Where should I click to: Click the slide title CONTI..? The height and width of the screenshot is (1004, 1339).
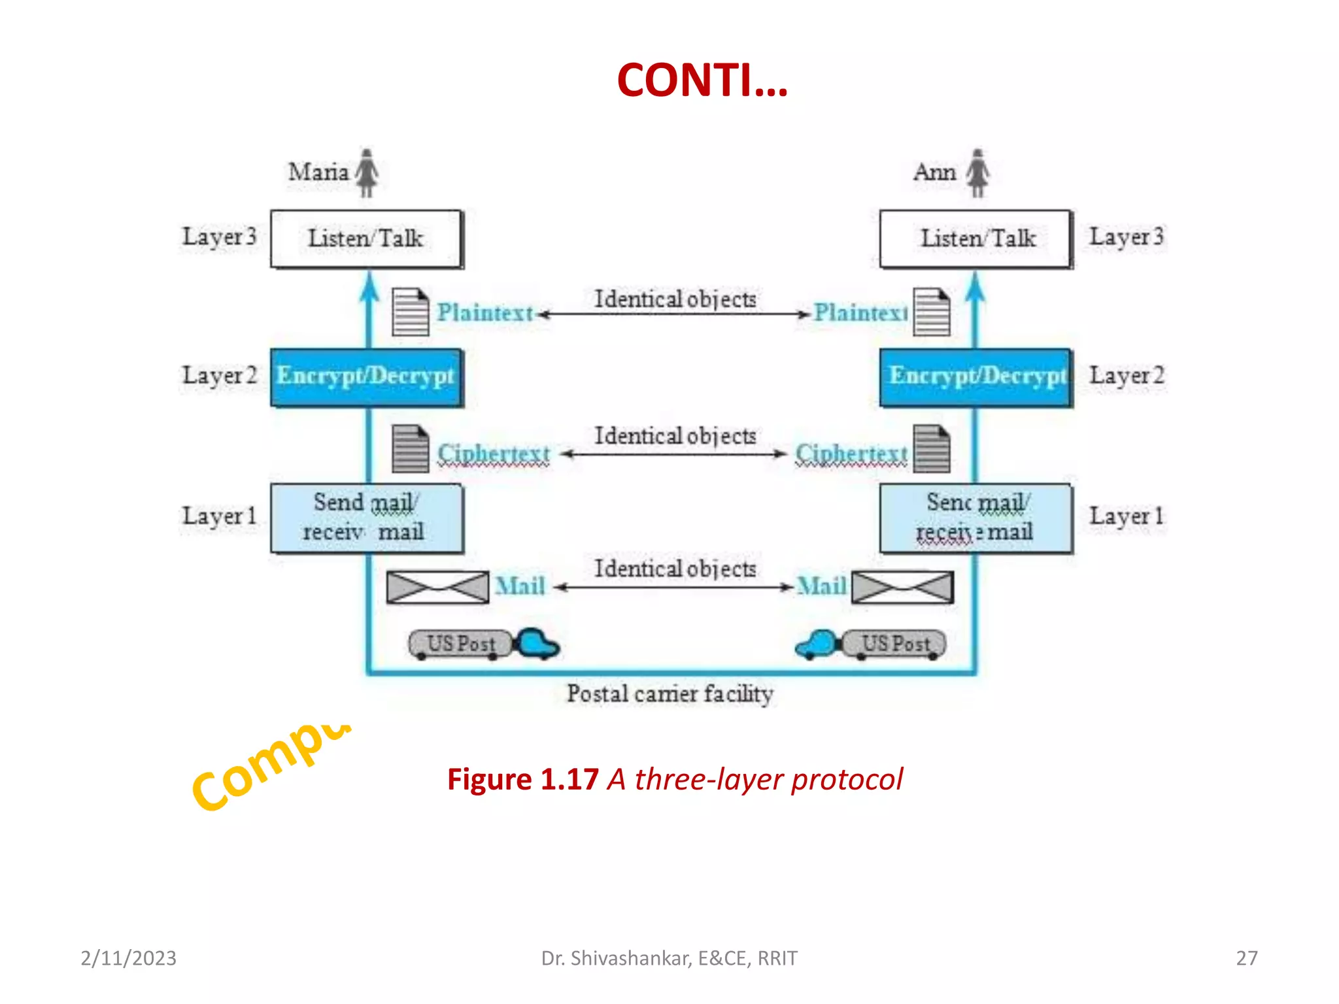pos(702,80)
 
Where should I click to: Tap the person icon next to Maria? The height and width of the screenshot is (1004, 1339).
pos(367,173)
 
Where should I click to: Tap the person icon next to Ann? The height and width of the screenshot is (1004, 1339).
pos(978,173)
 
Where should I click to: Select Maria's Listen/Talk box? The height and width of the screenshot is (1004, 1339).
pos(366,239)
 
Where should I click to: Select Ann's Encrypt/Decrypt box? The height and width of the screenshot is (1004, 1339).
pos(976,377)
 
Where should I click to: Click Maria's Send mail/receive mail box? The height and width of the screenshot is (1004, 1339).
pos(366,518)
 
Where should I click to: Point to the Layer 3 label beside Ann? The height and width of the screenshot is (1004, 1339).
pos(1126,237)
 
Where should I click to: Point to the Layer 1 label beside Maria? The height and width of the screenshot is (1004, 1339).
pos(219,516)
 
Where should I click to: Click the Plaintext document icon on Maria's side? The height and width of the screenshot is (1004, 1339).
pos(411,312)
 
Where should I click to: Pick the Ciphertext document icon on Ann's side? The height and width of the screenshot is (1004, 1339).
pos(932,448)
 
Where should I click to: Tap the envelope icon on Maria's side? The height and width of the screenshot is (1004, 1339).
pos(437,587)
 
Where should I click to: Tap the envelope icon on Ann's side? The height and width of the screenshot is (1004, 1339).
pos(902,587)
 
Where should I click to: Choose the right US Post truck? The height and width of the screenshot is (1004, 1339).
pos(871,644)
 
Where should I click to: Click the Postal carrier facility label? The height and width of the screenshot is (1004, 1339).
pos(669,694)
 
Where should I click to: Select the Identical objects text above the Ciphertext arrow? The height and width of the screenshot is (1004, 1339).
pos(675,436)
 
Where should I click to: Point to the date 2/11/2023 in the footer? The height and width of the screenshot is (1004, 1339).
pos(128,958)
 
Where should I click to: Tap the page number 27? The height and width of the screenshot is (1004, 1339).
pos(1246,958)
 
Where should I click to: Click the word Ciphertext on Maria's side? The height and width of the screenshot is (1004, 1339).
pos(494,453)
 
